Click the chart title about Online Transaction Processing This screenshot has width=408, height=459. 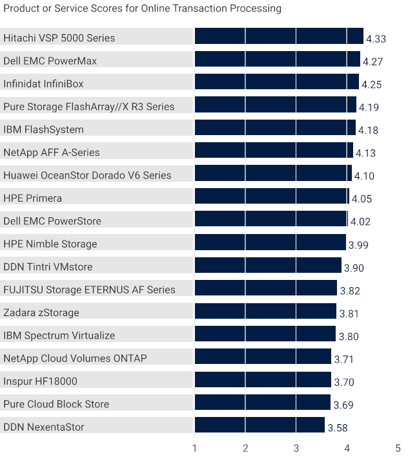[x=142, y=8]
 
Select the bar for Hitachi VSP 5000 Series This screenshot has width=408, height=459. [x=279, y=36]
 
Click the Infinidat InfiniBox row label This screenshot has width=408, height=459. [x=43, y=84]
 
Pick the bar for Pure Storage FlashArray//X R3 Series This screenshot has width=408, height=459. [x=275, y=105]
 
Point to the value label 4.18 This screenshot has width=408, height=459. [x=368, y=131]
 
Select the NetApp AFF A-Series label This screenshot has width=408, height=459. [x=52, y=153]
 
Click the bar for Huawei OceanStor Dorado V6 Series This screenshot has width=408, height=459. [x=272, y=173]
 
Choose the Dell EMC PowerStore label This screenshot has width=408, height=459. [x=52, y=221]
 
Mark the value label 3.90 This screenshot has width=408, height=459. [x=354, y=268]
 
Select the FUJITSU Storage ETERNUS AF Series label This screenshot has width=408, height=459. [x=89, y=290]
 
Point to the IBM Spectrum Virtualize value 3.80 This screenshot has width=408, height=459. [x=349, y=336]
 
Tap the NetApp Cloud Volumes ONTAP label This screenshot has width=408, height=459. [x=75, y=358]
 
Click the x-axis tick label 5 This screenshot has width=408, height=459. [x=398, y=448]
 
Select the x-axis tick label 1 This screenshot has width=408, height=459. [x=194, y=448]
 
